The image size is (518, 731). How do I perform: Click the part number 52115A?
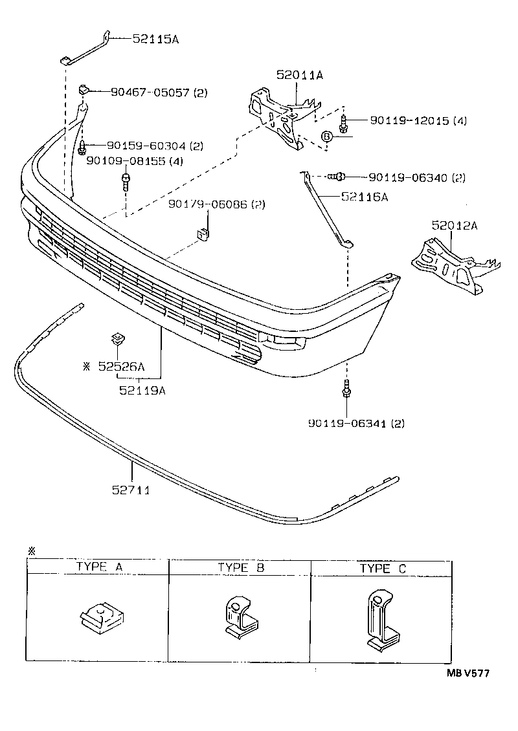[x=155, y=39]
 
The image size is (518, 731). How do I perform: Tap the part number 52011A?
[x=299, y=76]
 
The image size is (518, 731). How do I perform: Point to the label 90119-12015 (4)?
[x=418, y=121]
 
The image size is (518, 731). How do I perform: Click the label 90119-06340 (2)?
[x=417, y=177]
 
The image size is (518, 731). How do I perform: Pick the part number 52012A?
[x=455, y=226]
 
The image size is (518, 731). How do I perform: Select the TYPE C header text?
[x=383, y=568]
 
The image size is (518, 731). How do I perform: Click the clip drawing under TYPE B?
[x=240, y=618]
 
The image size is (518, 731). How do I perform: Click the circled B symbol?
[x=327, y=136]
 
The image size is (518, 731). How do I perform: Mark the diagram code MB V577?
[x=467, y=673]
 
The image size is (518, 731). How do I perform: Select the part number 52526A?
[x=121, y=366]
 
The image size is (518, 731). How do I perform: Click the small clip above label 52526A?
[x=117, y=338]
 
